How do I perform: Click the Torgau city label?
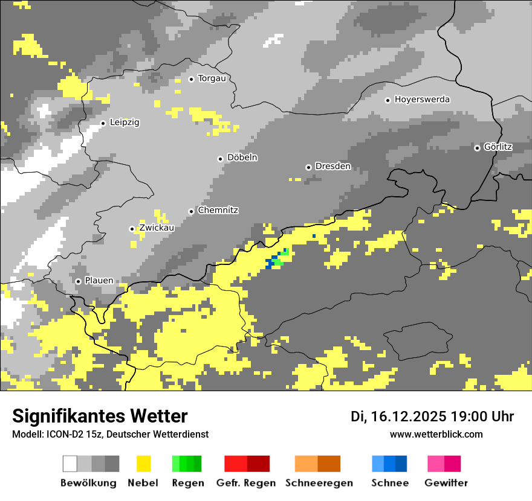coord(212,78)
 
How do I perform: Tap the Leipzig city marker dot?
coord(103,123)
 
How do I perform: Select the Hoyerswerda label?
coord(422,100)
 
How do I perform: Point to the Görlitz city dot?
coord(478,148)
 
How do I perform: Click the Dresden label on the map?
coord(333,167)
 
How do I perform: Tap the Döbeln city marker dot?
coord(221,159)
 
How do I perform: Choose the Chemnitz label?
coord(218,211)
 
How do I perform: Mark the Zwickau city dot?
coord(132,229)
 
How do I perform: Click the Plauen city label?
coord(99,281)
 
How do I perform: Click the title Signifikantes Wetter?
coord(100,416)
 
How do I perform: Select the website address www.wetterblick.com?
coord(436,434)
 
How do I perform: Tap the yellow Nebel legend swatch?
coord(143,464)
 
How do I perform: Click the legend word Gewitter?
coord(446,483)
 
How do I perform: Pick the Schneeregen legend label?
coord(319,483)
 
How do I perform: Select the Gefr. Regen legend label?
coord(246,483)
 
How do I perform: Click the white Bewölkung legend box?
coord(70,464)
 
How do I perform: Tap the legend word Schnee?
coord(390,483)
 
